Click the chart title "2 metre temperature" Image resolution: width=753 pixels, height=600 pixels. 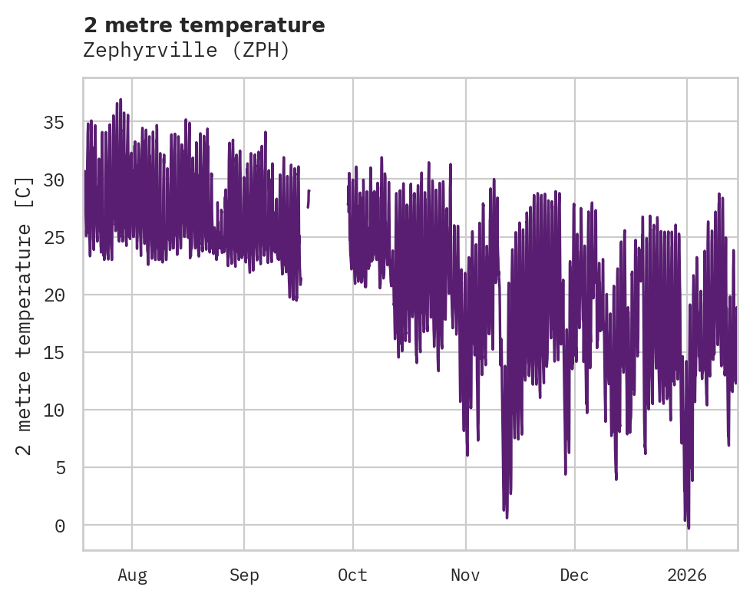[204, 25]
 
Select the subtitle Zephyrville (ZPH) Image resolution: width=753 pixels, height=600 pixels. [187, 51]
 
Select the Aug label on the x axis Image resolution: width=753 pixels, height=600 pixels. [132, 575]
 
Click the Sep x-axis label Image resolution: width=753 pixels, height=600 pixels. [244, 575]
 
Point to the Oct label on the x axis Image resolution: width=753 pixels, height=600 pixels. [353, 575]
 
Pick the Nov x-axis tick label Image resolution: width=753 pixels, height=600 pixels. [465, 575]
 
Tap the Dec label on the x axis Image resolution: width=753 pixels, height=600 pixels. [574, 575]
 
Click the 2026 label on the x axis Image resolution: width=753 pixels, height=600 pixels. [687, 575]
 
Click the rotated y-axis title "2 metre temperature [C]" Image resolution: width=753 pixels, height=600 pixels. [25, 315]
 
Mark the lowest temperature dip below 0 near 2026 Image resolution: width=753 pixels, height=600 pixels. [689, 527]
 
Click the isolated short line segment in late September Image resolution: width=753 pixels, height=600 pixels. [308, 198]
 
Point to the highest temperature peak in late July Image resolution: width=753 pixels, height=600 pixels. [120, 100]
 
